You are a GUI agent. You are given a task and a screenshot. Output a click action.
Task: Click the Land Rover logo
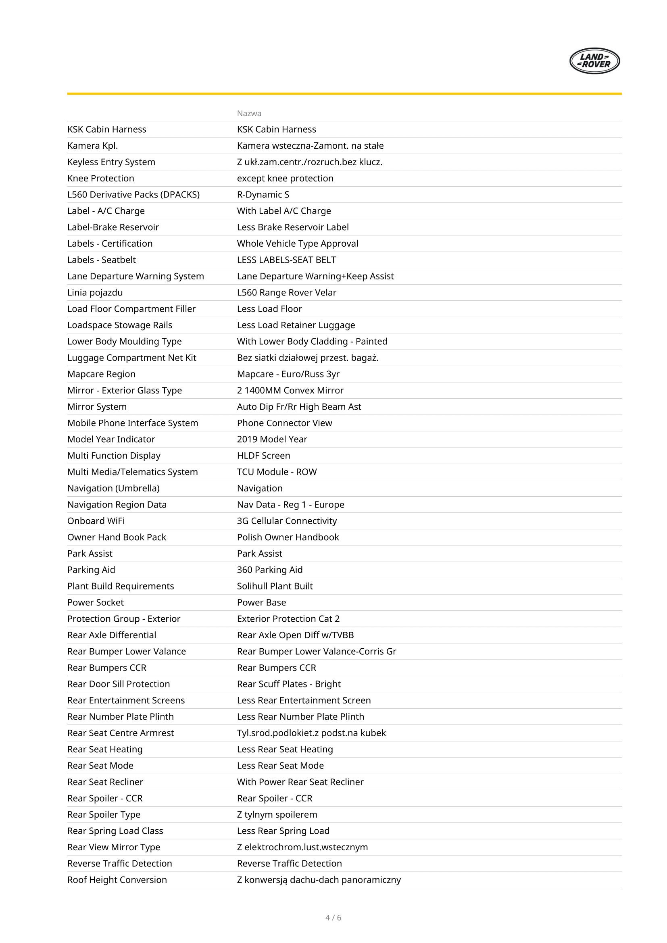coord(594,61)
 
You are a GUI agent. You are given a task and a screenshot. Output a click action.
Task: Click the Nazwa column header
coord(249,113)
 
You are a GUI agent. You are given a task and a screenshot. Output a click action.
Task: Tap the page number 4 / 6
coord(333,918)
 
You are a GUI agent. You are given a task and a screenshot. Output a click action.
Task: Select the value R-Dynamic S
coord(263,195)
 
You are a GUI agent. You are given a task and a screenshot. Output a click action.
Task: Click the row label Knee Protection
coord(101,178)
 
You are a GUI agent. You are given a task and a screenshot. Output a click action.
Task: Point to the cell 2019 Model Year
coord(272,439)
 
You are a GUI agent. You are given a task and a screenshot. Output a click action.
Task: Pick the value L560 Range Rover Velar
coord(286,292)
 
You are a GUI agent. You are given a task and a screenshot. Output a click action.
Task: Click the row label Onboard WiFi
coord(96,521)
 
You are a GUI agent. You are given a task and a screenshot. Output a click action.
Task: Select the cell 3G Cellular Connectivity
coord(287,521)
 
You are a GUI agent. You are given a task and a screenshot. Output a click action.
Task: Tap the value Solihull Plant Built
coord(275,586)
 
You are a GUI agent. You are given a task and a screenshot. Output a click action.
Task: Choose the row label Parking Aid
coord(91,570)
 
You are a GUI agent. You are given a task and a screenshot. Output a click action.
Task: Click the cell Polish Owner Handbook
coord(288,537)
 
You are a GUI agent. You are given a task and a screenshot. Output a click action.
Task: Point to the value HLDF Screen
coord(263,456)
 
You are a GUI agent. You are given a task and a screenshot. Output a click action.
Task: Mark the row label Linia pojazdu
coord(95,292)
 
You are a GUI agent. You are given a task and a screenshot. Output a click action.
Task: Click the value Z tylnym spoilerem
coord(277,814)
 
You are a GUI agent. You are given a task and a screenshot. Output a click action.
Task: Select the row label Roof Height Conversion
coord(117,880)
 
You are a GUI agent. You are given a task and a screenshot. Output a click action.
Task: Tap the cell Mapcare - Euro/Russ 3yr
coord(288,374)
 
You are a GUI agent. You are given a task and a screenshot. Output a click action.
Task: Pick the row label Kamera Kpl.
coord(92,146)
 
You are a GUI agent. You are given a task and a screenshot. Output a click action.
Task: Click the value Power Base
coord(261,602)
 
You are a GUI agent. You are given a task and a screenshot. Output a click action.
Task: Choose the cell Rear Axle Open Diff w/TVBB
coord(295,635)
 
